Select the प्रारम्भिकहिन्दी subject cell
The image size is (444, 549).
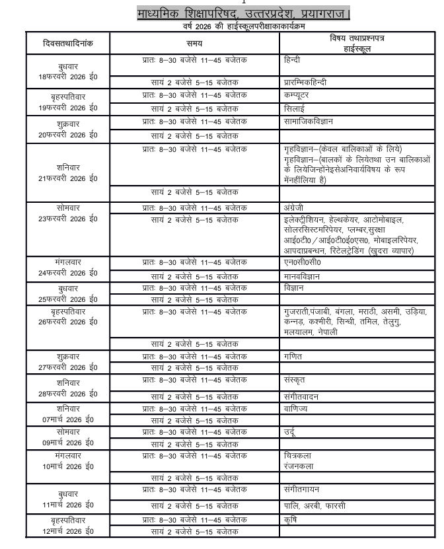tap(305, 83)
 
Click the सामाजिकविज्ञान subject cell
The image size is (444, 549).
tap(309, 122)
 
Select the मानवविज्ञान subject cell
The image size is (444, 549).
tap(303, 276)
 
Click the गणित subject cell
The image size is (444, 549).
tap(293, 356)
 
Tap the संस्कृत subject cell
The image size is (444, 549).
tap(294, 381)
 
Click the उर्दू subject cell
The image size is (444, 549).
tap(289, 432)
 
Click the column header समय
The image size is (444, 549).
tap(194, 43)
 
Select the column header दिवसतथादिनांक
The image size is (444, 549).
tap(68, 43)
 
